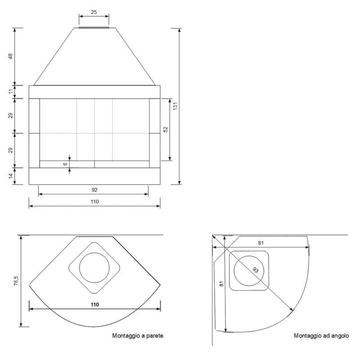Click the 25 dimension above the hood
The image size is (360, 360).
pos(94,12)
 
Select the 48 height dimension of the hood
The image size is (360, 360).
pos(10,56)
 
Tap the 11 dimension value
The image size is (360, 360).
pos(10,92)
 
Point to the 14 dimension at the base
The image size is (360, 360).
pos(10,176)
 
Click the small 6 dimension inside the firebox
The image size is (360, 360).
pos(66,164)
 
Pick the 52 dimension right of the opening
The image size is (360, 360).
pos(166,129)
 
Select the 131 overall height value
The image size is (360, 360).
pos(176,106)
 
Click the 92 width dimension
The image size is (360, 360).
pos(94,190)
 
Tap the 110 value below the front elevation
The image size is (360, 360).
pos(94,202)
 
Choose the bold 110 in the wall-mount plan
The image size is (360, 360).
pos(94,305)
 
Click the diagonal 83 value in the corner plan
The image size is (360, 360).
pos(255,270)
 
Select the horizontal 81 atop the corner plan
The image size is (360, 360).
pos(261,243)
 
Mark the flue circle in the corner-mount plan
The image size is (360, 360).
pos(249,271)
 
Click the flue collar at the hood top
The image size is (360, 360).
pos(94,27)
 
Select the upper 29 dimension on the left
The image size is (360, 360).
pos(10,116)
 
